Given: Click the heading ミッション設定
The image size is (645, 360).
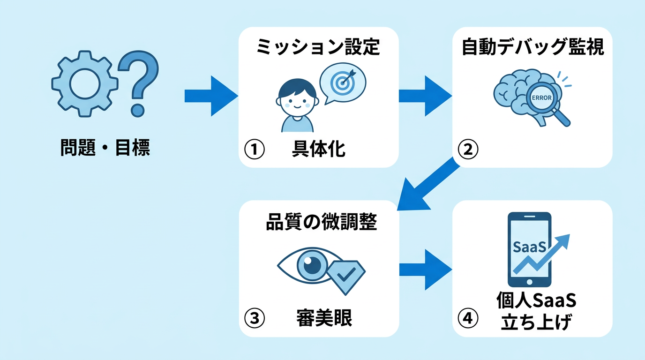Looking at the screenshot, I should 318,47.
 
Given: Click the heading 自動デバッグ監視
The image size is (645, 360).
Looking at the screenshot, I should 532,47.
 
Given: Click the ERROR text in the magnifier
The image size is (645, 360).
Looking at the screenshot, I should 543,97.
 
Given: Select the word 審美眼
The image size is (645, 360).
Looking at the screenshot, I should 324,319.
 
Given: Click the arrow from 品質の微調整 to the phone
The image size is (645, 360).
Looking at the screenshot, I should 424,270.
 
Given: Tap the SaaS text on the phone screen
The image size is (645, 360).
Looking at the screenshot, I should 529,247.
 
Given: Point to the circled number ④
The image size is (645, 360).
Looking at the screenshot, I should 468,319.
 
